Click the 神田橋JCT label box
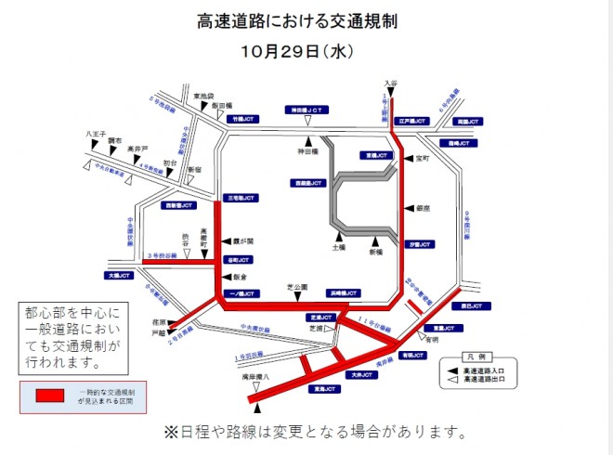[307, 109]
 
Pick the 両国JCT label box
[468, 121]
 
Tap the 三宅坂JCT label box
[240, 198]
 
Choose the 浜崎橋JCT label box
[343, 292]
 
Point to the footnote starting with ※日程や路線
[314, 433]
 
